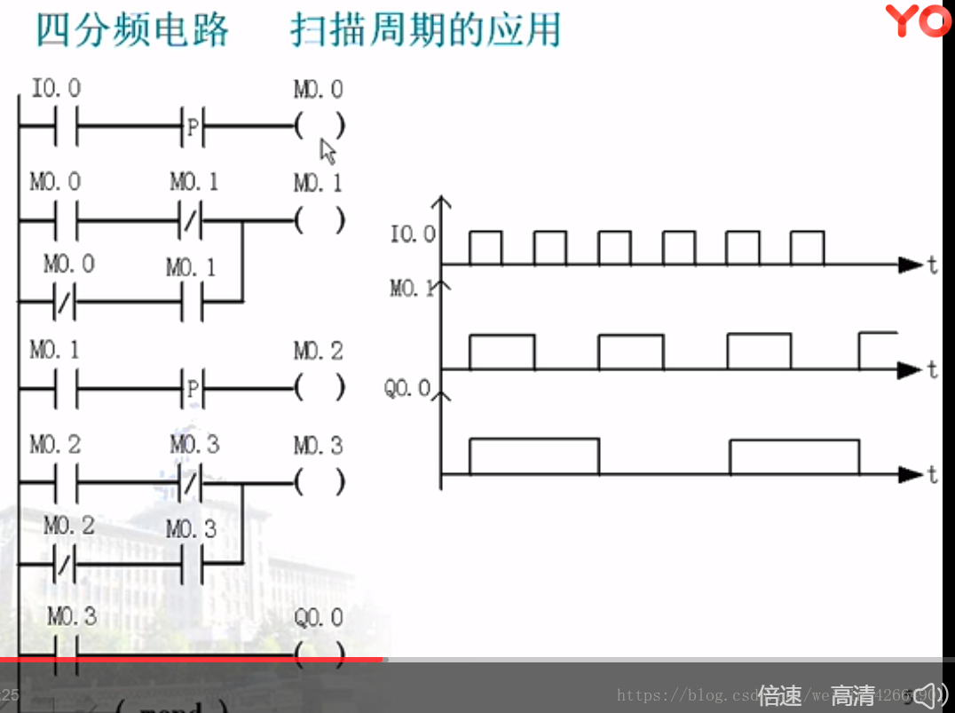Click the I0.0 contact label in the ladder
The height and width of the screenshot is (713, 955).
pyautogui.click(x=55, y=89)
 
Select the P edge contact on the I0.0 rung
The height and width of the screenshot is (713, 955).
pyautogui.click(x=193, y=128)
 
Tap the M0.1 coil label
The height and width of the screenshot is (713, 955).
pyautogui.click(x=318, y=183)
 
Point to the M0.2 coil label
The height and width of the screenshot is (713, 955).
pyautogui.click(x=318, y=352)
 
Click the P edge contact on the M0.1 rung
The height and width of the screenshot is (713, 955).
pyautogui.click(x=193, y=389)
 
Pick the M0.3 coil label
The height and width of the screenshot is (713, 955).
pyautogui.click(x=318, y=445)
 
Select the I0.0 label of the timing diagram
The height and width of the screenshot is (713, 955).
pyautogui.click(x=413, y=235)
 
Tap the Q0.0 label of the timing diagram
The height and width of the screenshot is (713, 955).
pyautogui.click(x=406, y=389)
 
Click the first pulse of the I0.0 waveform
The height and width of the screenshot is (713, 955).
pyautogui.click(x=485, y=248)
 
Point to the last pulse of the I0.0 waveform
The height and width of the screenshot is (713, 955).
pyautogui.click(x=807, y=248)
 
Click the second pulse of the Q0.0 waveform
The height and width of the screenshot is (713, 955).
pyautogui.click(x=793, y=456)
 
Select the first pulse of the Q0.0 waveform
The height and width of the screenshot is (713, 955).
pyautogui.click(x=533, y=456)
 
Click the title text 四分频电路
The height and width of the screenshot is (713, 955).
pyautogui.click(x=132, y=29)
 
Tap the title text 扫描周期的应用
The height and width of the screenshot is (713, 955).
pyautogui.click(x=425, y=29)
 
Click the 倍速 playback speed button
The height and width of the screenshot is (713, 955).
pyautogui.click(x=779, y=695)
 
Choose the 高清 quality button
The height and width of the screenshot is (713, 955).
pyautogui.click(x=853, y=695)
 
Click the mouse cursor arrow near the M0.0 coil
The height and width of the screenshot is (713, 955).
pyautogui.click(x=328, y=151)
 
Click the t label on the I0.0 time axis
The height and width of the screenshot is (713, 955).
pyautogui.click(x=932, y=265)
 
